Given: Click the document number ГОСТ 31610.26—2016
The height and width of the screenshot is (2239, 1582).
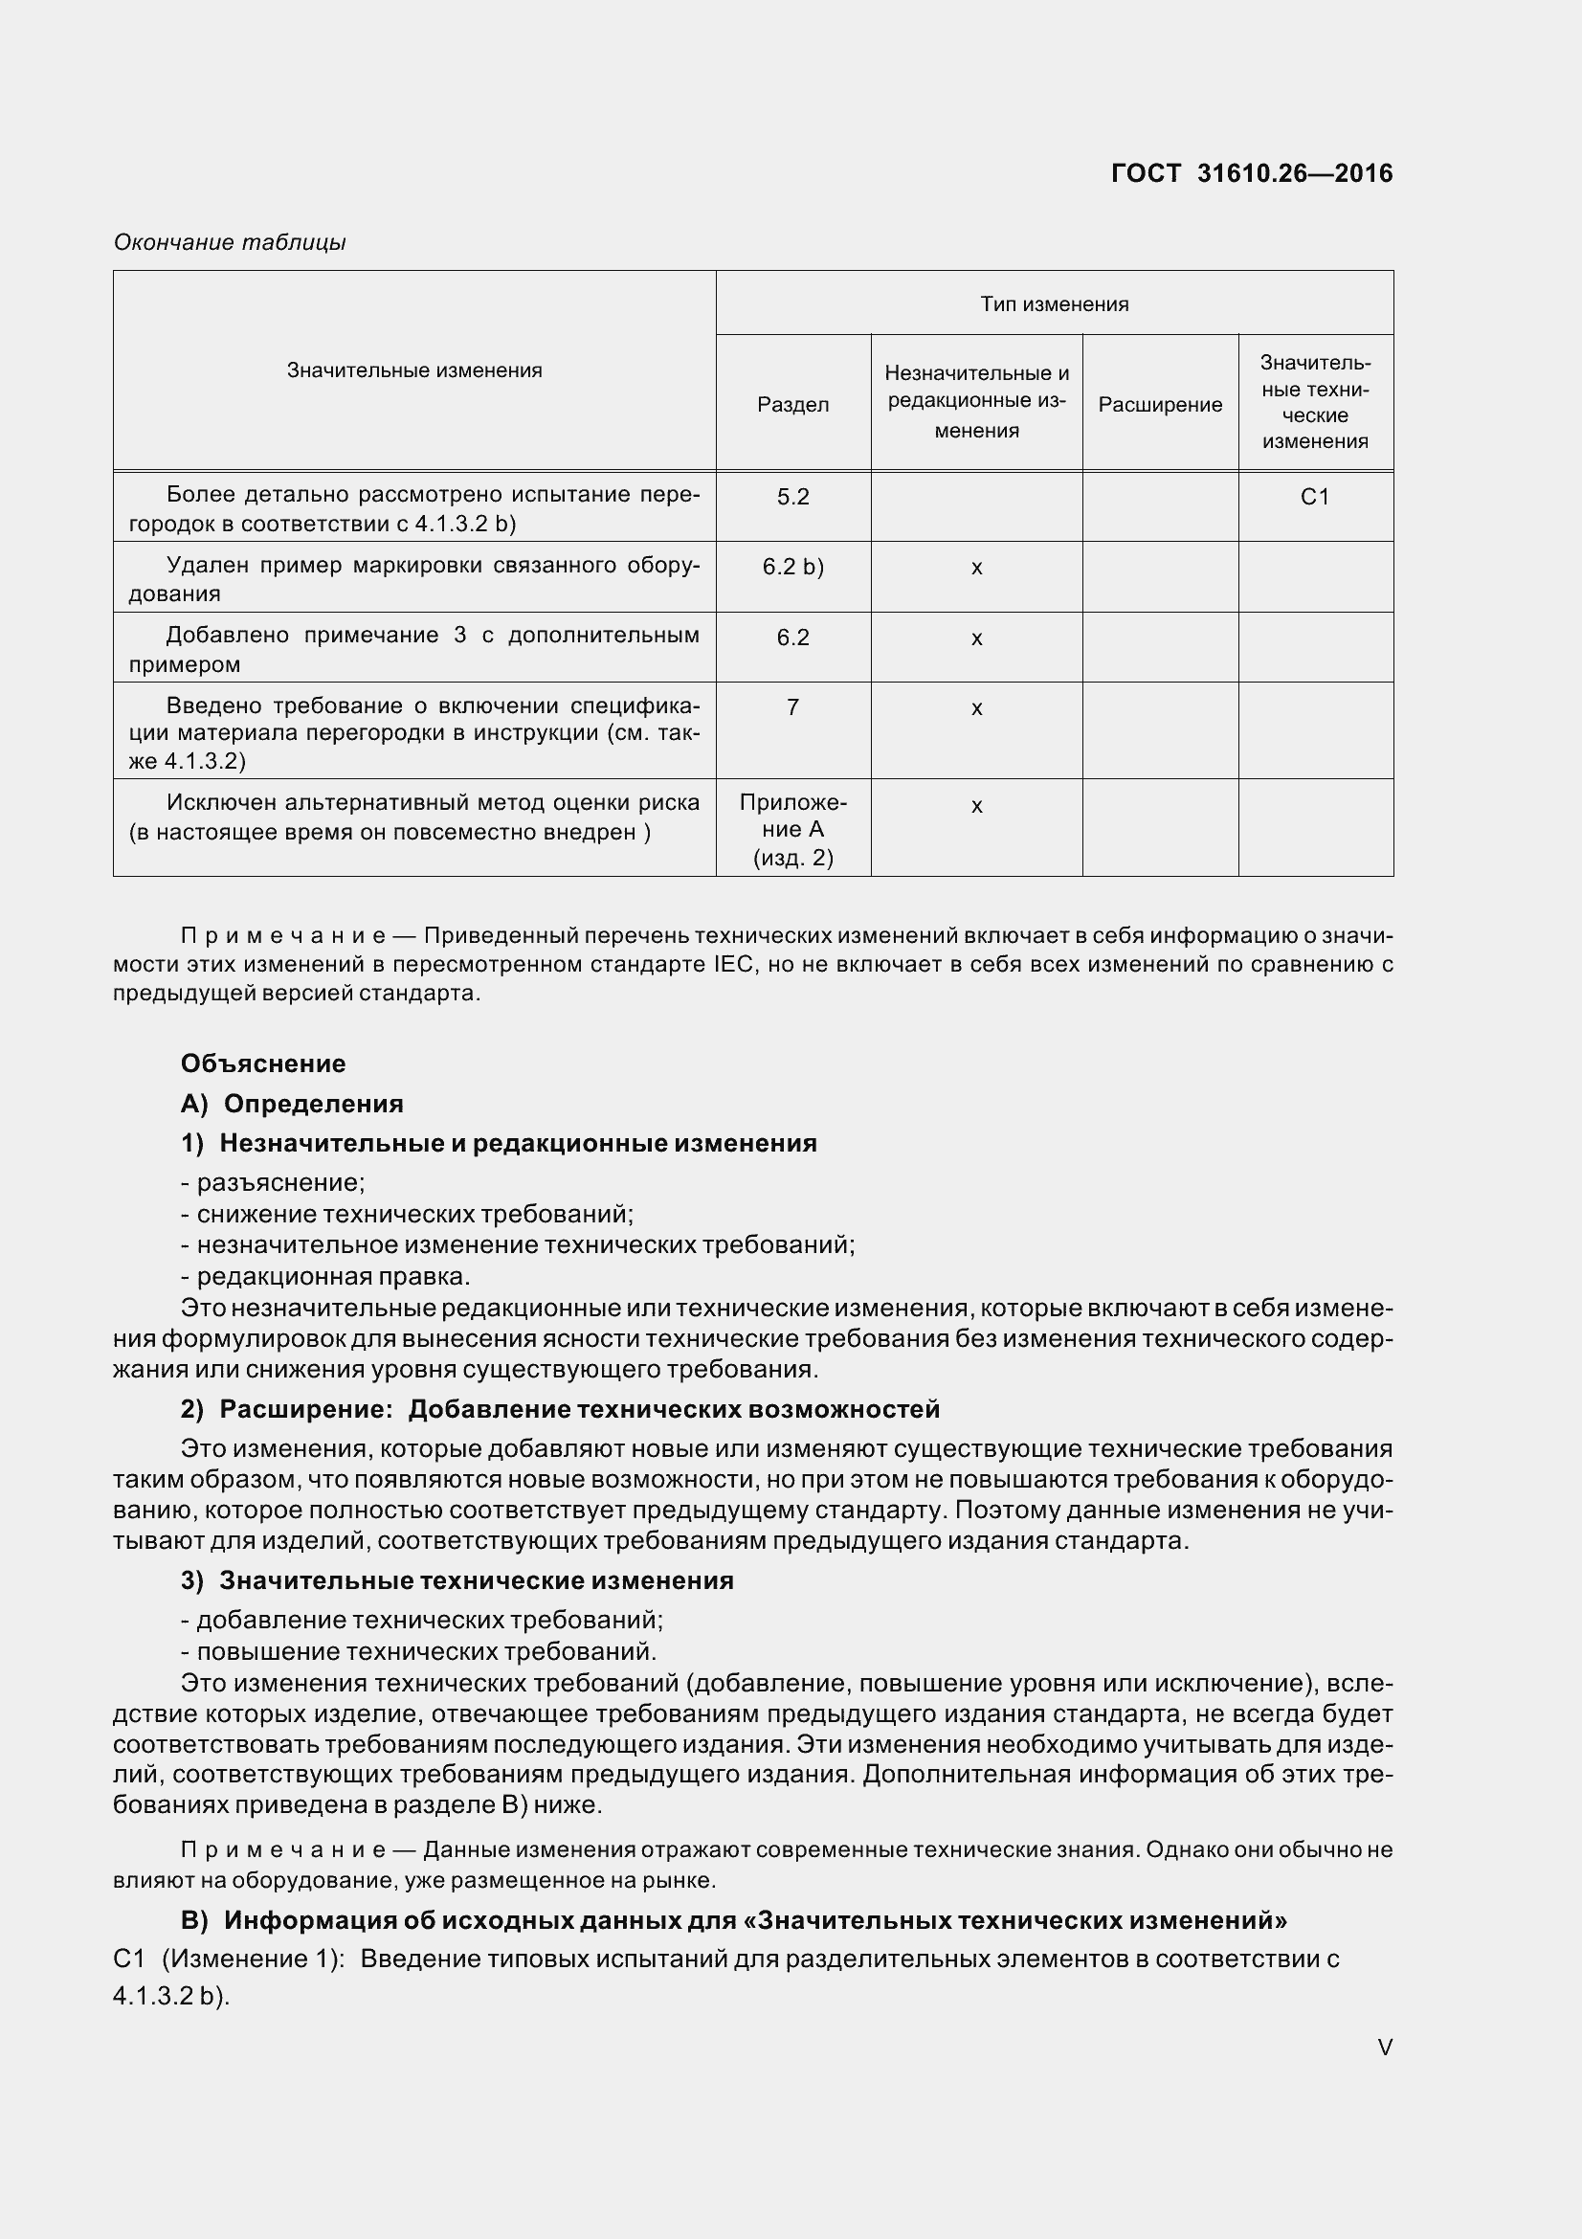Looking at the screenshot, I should coord(1252,173).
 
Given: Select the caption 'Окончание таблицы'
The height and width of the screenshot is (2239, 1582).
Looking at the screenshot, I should coord(230,242).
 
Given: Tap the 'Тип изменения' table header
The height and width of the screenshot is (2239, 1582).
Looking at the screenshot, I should coord(1055,304).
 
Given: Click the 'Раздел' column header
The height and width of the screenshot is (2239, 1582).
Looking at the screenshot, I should coord(793,405).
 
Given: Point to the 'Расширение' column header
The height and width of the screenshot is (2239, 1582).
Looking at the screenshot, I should coord(1160,405).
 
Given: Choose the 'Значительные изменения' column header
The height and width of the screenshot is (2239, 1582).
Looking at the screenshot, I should coord(414,370).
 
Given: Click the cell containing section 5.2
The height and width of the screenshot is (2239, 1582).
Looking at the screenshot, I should coord(793,498).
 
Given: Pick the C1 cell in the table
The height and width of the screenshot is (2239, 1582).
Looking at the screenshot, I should coord(1315,498).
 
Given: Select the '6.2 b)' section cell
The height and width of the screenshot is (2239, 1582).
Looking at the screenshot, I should coord(793,568).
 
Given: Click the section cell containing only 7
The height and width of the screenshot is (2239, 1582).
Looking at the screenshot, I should coord(793,707).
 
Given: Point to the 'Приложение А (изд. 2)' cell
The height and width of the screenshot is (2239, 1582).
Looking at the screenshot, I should coord(793,830).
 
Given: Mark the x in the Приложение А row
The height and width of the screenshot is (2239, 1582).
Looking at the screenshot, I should coord(977,806).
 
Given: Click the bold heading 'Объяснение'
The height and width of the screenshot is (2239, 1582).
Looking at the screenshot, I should coord(263,1063).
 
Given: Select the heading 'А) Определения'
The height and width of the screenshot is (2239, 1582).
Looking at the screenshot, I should coord(293,1104).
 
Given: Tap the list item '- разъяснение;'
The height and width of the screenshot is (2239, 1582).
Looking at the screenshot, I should coord(273,1183).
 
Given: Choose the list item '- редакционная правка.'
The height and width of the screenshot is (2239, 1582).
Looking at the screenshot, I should coord(325,1277).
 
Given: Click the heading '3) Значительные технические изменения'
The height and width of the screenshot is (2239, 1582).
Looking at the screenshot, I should coord(457,1580).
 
